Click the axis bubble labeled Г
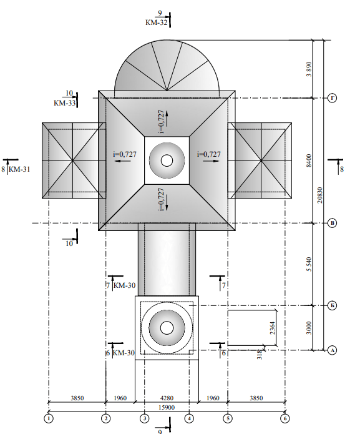coord(332,98)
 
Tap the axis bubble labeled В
coord(332,223)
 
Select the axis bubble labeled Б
coord(332,305)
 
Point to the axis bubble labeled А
coord(332,350)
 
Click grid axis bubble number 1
coord(49,418)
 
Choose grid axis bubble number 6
coord(285,418)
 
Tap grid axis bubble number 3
coord(144,418)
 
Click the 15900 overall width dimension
coord(167,407)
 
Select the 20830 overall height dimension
coord(319,195)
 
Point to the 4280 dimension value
coord(167,398)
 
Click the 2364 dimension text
coord(273,328)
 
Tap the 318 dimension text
coord(260,355)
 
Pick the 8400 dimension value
coord(309,160)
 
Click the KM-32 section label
coord(157,22)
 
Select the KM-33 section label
coord(64,103)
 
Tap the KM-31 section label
coord(19,169)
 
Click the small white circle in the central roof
coord(167,160)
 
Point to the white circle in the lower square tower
coord(167,328)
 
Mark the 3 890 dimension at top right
coord(309,69)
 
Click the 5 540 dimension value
coord(309,264)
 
